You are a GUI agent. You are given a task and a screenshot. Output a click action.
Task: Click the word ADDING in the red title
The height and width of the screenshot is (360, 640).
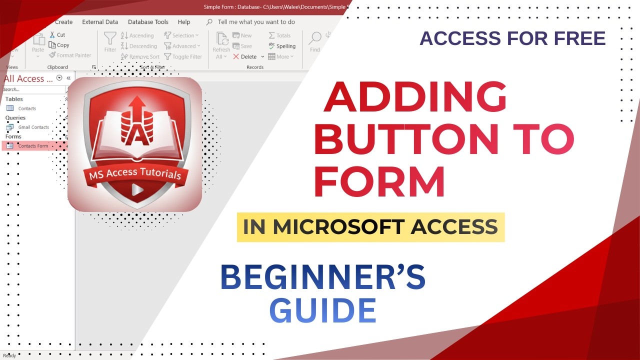[415, 96]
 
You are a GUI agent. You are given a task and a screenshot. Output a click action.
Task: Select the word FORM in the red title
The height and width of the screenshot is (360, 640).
[379, 182]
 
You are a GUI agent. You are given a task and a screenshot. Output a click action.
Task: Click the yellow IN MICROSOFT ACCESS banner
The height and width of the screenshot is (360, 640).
[370, 227]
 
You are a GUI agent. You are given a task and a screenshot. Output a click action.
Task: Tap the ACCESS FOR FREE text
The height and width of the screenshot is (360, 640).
[512, 38]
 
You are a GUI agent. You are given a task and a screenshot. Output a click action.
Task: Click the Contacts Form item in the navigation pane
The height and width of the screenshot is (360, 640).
[33, 146]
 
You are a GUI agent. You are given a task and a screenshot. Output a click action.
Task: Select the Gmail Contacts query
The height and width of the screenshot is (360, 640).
[33, 127]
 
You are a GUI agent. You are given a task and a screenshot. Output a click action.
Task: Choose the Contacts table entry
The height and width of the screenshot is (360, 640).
[27, 108]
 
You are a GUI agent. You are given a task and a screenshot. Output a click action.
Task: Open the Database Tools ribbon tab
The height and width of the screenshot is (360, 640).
[148, 22]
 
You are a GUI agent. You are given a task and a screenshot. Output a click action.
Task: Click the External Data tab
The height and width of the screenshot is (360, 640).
[100, 22]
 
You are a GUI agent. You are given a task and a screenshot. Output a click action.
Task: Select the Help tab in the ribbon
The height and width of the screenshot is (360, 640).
[184, 22]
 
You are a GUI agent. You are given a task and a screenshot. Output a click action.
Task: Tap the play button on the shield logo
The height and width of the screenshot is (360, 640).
[135, 189]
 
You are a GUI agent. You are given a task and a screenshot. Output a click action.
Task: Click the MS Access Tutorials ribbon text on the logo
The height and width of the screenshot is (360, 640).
[134, 173]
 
